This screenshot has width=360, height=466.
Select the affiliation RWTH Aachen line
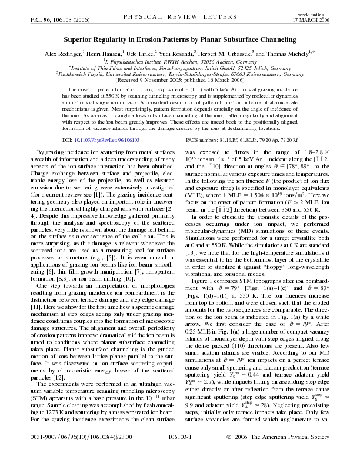coord(179,61)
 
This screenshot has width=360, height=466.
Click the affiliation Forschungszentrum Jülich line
coord(179,68)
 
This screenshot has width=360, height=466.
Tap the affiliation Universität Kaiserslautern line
coord(179,75)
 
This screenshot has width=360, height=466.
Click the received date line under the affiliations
coord(179,81)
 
